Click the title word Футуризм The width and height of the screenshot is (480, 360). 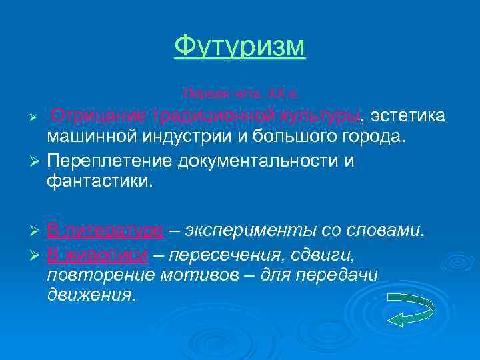click(239, 47)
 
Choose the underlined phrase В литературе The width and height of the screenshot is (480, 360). click(105, 231)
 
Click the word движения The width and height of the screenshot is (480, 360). click(90, 296)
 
